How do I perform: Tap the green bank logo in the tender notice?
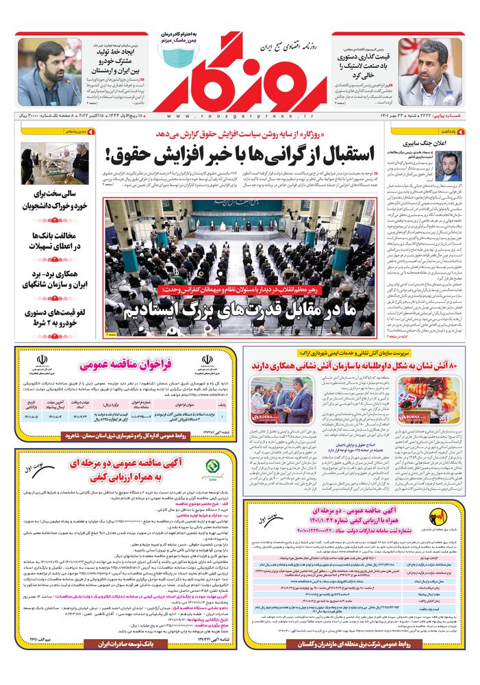[x=211, y=470]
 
